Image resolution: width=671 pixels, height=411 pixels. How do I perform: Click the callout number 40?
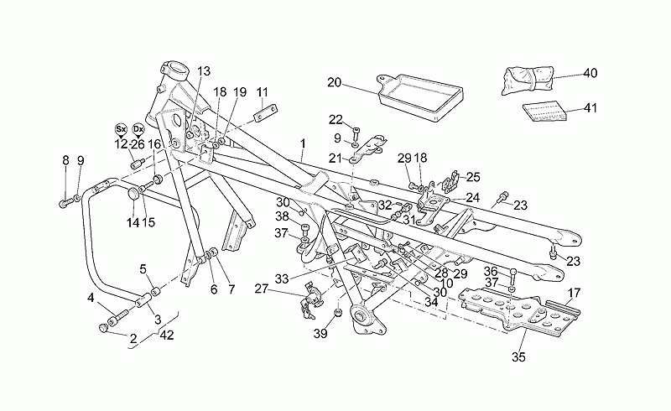point(590,73)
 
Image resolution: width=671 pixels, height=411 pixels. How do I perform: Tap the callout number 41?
point(590,108)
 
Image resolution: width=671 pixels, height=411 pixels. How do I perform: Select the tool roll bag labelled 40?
point(528,80)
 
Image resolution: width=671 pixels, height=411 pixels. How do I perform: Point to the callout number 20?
point(334,82)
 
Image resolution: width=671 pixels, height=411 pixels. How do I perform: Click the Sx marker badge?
point(121,129)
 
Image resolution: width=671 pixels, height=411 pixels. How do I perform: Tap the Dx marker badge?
point(138,129)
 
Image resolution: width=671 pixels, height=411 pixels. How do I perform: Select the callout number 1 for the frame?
point(303,144)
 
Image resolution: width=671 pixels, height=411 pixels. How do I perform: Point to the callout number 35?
point(518,356)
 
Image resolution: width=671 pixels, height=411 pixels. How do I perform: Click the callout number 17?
point(574,294)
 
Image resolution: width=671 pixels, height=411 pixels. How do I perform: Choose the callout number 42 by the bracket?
point(167,336)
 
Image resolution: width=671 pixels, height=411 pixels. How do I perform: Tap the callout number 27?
point(261,289)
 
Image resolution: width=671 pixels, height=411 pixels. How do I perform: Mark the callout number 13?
point(204,71)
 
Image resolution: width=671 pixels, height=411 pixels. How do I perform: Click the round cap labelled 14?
point(133,194)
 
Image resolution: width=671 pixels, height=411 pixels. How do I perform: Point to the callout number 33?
point(282,279)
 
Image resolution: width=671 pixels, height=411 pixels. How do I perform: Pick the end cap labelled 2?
point(102,328)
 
